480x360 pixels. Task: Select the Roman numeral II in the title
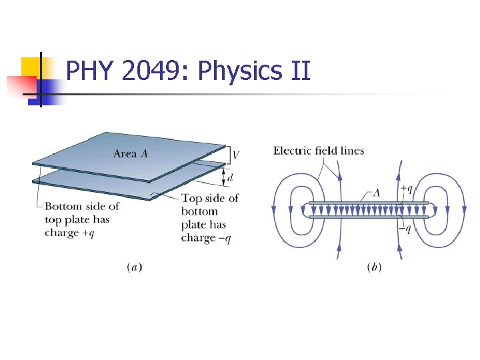pyautogui.click(x=301, y=70)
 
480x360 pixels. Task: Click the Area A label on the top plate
pyautogui.click(x=130, y=154)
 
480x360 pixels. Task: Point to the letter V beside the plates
pyautogui.click(x=236, y=155)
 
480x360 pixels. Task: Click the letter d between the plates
pyautogui.click(x=230, y=178)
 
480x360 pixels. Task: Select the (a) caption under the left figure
pyautogui.click(x=134, y=267)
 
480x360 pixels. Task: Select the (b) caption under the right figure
pyautogui.click(x=374, y=267)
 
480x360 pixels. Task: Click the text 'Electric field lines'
pyautogui.click(x=319, y=151)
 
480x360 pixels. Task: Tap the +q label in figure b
pyautogui.click(x=406, y=189)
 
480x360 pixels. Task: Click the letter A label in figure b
pyautogui.click(x=377, y=193)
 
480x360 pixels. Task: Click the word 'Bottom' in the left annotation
pyautogui.click(x=63, y=207)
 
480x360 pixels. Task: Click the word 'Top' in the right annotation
pyautogui.click(x=192, y=199)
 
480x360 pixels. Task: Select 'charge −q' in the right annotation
pyautogui.click(x=207, y=238)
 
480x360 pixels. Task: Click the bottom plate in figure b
pyautogui.click(x=369, y=217)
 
